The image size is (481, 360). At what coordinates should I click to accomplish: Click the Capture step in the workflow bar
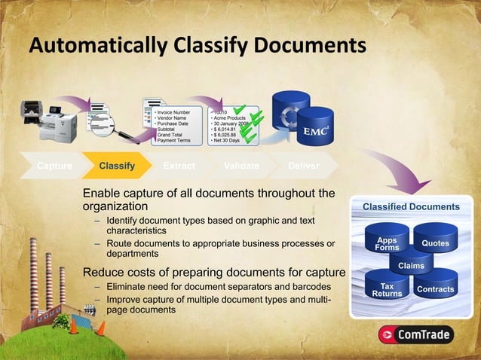click(x=54, y=166)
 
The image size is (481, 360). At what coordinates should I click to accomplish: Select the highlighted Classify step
click(x=117, y=166)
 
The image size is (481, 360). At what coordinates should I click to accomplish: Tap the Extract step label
click(x=179, y=166)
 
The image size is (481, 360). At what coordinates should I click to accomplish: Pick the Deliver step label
click(x=303, y=166)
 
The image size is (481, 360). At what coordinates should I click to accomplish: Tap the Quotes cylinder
click(x=435, y=243)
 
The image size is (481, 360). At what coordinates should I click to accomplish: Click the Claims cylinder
click(x=411, y=266)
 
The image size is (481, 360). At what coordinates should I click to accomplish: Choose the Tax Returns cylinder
click(x=387, y=290)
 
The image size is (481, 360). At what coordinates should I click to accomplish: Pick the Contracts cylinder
click(x=435, y=289)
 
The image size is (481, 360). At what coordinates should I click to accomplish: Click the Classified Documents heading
click(x=411, y=206)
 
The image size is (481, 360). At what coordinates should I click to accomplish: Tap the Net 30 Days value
click(x=226, y=141)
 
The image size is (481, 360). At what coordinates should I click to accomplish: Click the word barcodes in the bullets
click(x=308, y=287)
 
